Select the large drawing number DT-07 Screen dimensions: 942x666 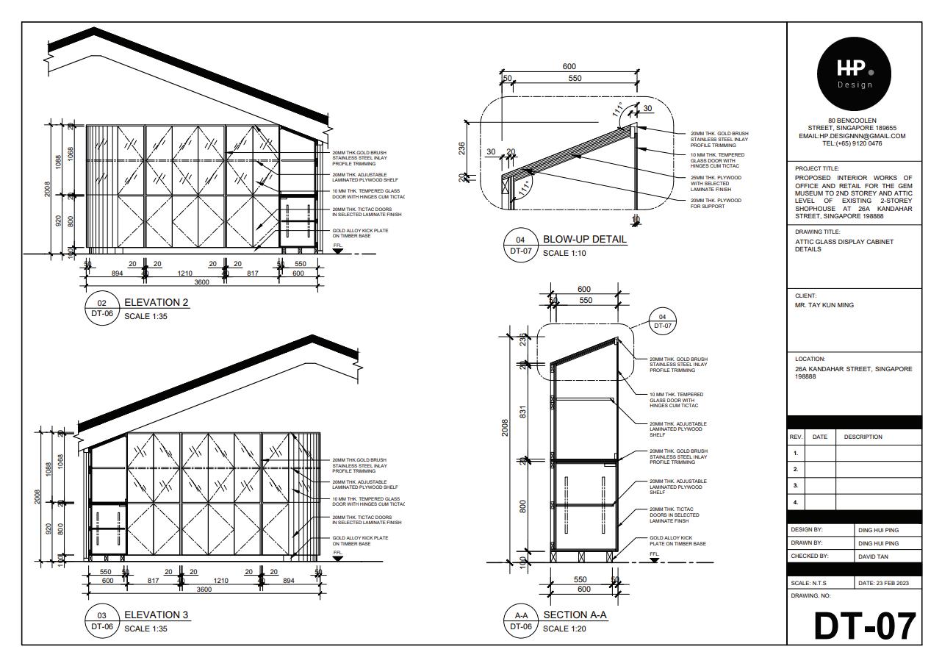[x=865, y=626]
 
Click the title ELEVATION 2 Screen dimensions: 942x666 [x=157, y=302]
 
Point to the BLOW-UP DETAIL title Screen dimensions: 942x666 [x=585, y=239]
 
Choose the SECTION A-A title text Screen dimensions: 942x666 [x=575, y=615]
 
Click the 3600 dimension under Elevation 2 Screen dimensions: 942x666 [x=201, y=282]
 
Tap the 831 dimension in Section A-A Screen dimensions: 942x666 [x=523, y=413]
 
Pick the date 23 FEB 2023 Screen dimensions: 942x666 [x=883, y=583]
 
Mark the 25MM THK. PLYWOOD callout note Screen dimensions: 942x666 [x=716, y=183]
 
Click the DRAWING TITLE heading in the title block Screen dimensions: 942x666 [x=817, y=232]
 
